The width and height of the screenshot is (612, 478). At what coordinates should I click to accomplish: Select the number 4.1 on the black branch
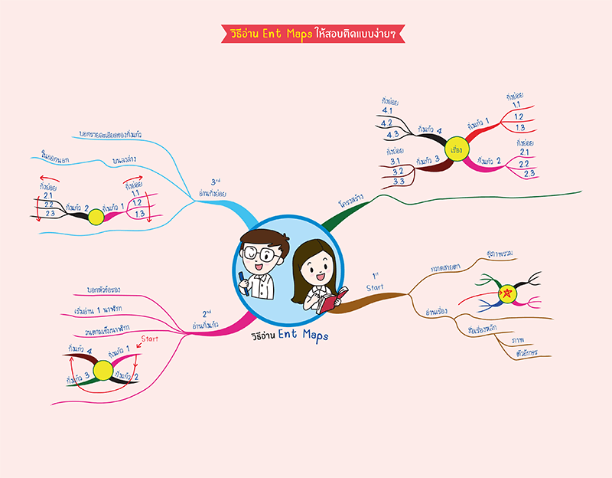point(386,110)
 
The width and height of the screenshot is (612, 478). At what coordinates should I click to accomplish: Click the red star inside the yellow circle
point(506,292)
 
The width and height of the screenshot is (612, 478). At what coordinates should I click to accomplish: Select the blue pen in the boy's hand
point(244,277)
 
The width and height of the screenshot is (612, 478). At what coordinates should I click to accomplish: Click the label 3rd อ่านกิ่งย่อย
point(219,188)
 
